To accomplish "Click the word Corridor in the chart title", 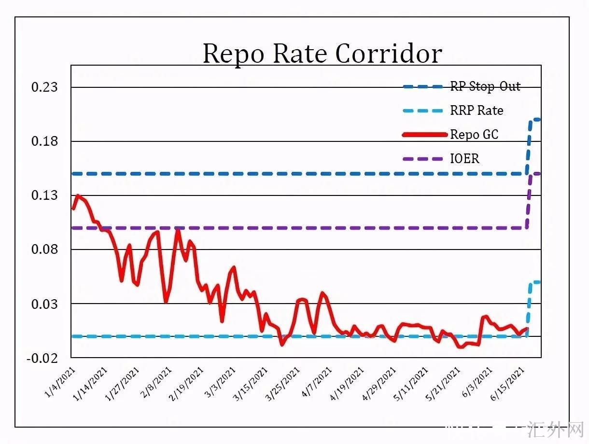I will pos(389,54).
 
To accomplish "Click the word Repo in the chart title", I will pos(233,54).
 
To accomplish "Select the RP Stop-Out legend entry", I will pos(485,87).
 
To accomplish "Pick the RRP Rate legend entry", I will pos(477,111).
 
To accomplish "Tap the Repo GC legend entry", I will pos(474,135).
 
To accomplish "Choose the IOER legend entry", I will pos(464,158).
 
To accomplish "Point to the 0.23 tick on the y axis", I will pos(44,87).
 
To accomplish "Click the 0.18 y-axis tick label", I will pos(44,141).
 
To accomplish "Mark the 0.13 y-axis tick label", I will pos(44,195).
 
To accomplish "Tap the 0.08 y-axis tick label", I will pos(44,250).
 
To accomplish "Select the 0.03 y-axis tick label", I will pos(44,304).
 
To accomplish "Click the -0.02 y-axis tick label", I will pos(42,358).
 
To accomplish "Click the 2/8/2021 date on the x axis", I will pos(156,381).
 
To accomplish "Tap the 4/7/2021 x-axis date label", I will pos(316,381).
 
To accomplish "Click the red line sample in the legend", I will pos(424,135).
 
